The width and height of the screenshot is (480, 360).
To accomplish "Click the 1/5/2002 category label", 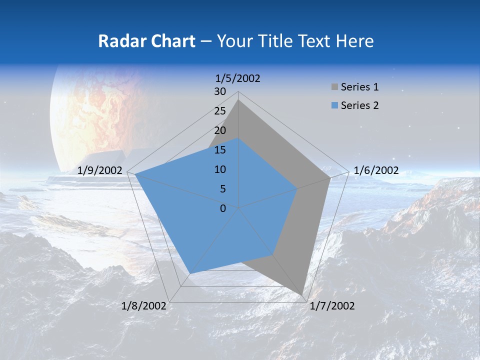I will pyautogui.click(x=238, y=78).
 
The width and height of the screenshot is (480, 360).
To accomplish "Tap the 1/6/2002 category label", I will pyautogui.click(x=376, y=170).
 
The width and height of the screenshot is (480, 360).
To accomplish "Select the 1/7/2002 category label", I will pyautogui.click(x=332, y=306).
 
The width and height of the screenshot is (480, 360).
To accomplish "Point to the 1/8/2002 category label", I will pyautogui.click(x=144, y=306).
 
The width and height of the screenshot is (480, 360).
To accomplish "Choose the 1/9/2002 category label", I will pyautogui.click(x=100, y=170).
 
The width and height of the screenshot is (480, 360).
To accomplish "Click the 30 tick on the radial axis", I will pyautogui.click(x=220, y=91).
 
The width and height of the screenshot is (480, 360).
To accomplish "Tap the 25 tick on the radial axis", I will pyautogui.click(x=220, y=111).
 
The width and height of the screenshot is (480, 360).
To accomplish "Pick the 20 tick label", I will pyautogui.click(x=220, y=130).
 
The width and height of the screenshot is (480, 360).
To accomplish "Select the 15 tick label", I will pyautogui.click(x=220, y=150).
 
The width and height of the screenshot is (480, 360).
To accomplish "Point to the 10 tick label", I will pyautogui.click(x=220, y=169).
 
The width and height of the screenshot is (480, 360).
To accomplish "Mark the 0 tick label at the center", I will pyautogui.click(x=223, y=208).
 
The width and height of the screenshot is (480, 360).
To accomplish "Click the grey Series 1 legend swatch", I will pyautogui.click(x=334, y=87).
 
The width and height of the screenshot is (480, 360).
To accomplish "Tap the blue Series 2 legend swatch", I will pyautogui.click(x=334, y=105).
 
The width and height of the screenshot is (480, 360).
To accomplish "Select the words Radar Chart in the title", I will pyautogui.click(x=146, y=41).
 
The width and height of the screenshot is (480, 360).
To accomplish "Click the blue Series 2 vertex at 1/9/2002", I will pyautogui.click(x=135, y=174).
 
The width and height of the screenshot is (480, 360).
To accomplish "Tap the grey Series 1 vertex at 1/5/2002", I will pyautogui.click(x=238, y=100).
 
